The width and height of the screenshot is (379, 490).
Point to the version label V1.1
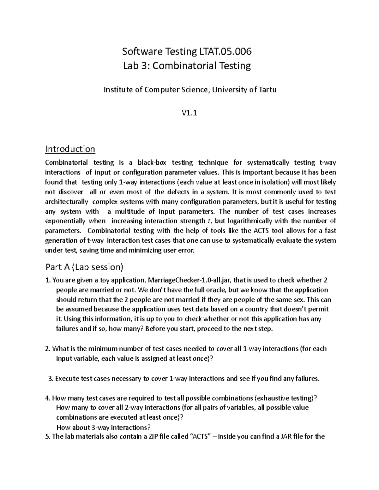pos(189,113)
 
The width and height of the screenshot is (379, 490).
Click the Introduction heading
pos(70,149)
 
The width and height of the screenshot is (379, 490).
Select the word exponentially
pos(64,221)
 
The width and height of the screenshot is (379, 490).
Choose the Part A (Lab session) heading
pos(84,267)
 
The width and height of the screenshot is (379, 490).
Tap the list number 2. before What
pos(48,349)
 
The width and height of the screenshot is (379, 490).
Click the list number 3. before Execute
pos(51,379)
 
